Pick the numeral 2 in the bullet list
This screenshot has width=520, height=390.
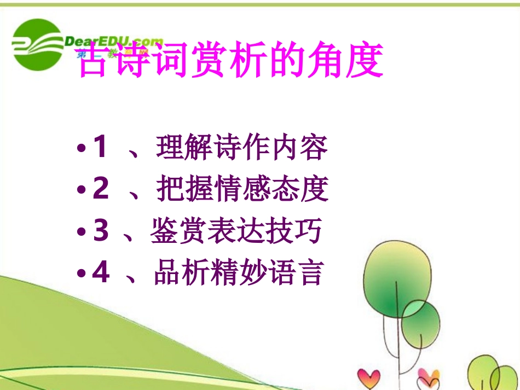[x=100, y=189]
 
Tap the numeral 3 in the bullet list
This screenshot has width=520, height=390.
[x=100, y=230]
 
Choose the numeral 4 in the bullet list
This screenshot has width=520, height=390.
[x=100, y=272]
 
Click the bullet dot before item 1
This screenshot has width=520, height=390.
[x=82, y=149]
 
